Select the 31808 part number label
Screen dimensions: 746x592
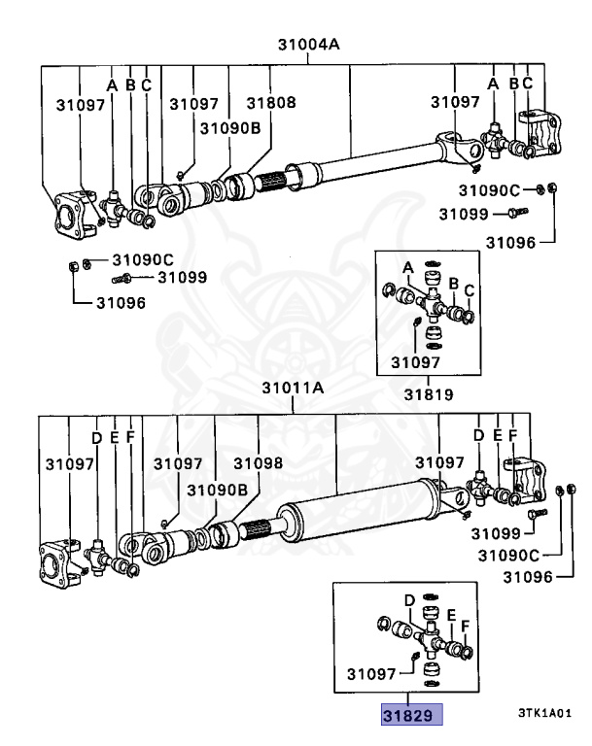(270, 103)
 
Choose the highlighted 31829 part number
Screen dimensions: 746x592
(411, 716)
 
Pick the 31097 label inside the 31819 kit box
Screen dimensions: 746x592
(416, 362)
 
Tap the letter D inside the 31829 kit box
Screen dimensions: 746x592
(410, 599)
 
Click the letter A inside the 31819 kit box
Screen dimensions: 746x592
(409, 267)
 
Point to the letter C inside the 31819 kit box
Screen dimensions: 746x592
(469, 289)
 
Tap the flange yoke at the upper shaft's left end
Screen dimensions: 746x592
(74, 214)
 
